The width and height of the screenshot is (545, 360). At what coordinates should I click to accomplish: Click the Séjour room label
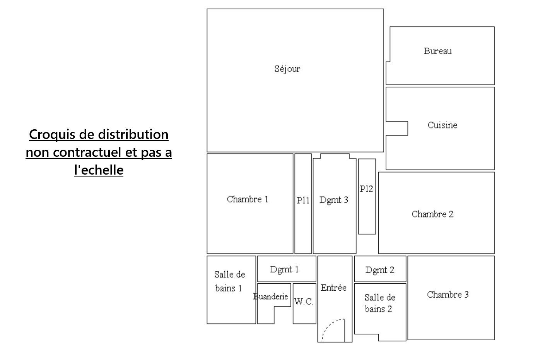coord(287,69)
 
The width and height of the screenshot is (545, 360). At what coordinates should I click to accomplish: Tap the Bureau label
coord(438,51)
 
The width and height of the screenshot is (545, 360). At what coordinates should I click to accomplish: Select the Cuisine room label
coord(442,125)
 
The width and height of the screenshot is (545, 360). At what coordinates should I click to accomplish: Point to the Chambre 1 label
coord(248,199)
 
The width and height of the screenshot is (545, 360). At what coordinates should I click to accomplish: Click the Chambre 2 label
coord(432,214)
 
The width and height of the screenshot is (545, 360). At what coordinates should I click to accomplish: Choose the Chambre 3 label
coord(448,295)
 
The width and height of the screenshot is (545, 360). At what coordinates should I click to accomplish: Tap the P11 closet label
coord(303,200)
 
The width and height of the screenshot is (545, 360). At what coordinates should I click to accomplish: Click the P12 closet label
coord(366,189)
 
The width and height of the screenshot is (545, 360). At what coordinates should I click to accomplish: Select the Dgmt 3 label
coord(334,200)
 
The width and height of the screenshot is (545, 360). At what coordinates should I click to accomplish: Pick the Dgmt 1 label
coord(284,269)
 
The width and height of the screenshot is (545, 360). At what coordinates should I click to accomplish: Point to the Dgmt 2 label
coord(379,270)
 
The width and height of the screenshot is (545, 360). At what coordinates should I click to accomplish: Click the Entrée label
coord(333,287)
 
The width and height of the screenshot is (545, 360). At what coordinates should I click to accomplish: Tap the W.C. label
coord(303,302)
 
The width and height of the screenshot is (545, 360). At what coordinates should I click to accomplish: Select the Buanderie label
coord(270,296)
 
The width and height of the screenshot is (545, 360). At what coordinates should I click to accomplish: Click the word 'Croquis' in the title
coord(52,134)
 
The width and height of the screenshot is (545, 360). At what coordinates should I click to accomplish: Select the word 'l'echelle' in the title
coord(99,170)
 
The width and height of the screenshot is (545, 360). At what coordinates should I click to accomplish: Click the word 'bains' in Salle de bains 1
coord(225,288)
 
